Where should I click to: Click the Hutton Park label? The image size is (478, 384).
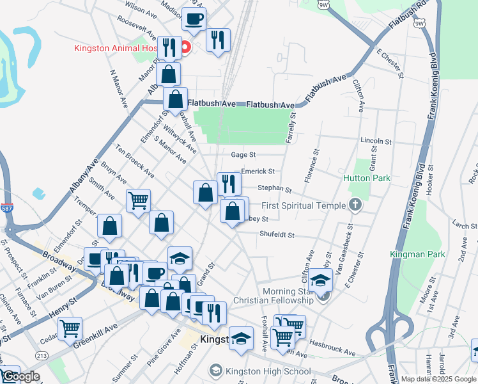pos(366,179)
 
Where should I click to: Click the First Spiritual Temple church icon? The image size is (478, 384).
pos(355,205)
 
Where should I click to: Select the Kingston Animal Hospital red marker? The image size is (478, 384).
pos(186,47)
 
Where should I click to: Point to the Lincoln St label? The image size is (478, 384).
pos(375,141)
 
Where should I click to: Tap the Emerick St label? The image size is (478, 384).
pos(258,172)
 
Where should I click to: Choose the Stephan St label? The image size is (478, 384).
pos(274,189)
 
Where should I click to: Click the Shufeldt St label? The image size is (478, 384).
pos(276,235)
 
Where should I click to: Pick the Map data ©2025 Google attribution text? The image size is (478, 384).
pos(438,379)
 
